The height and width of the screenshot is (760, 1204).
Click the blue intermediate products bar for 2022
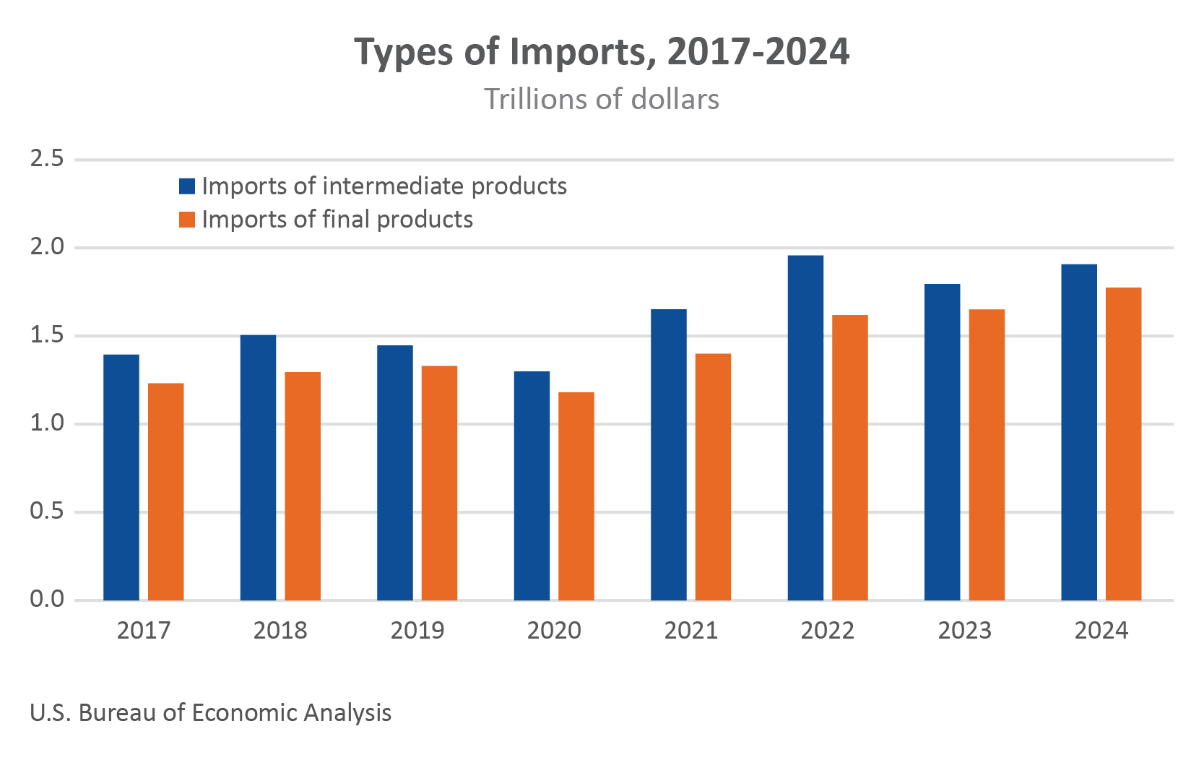coord(805,428)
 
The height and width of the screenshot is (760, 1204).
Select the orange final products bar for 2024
coord(1123,444)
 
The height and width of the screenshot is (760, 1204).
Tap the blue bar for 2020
coord(532,486)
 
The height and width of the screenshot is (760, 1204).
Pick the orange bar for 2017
coord(165,492)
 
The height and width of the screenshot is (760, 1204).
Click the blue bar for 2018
coord(258,467)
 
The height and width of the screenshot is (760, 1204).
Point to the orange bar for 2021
coord(713,477)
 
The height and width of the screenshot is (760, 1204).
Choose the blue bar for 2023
coord(943,442)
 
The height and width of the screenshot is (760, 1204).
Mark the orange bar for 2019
coord(439,483)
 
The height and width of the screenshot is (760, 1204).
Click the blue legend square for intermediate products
coord(187,186)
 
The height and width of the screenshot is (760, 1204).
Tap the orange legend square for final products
coord(187,220)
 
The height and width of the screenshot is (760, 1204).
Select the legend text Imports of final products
coord(337,220)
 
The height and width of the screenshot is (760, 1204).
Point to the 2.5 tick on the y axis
coord(47,159)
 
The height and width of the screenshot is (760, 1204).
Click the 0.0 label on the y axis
coord(47,600)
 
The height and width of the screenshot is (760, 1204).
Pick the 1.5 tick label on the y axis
coord(47,335)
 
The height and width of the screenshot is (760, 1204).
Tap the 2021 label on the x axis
coord(690,631)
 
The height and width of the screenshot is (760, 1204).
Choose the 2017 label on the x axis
coord(144,631)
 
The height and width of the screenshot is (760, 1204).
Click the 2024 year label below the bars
coord(1101,631)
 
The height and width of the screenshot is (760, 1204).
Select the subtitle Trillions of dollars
coord(602,100)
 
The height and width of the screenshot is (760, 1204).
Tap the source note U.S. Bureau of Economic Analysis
coord(211,713)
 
